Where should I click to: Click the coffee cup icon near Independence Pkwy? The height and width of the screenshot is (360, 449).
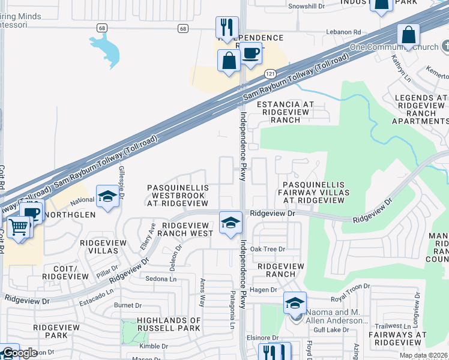251,55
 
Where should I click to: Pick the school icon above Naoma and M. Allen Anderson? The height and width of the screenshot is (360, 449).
295,304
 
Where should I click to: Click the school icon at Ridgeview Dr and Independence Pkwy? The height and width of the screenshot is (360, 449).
230,223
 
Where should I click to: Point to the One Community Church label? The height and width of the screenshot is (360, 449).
400,47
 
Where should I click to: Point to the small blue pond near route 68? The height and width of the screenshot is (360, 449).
106,48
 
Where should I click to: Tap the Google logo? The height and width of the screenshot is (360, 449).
20,353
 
